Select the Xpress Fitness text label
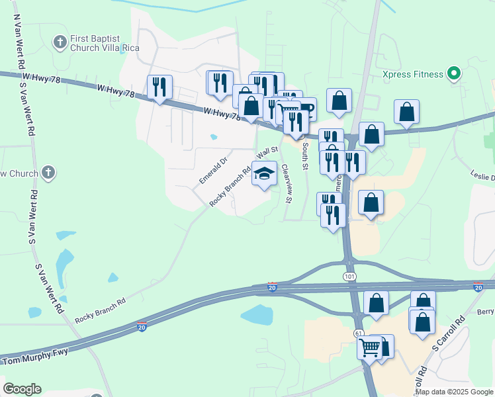413,74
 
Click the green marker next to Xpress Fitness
454,73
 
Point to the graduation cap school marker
265,174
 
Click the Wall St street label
267,153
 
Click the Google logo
22,388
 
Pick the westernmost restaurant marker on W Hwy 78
159,87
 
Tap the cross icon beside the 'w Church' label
48,173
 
